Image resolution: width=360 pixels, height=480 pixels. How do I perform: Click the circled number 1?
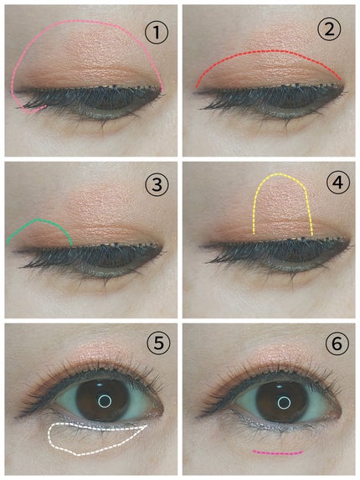157,33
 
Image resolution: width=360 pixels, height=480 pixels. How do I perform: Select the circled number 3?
157,185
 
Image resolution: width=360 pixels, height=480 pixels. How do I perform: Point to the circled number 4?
337,183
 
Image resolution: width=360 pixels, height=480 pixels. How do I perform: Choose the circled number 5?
159,344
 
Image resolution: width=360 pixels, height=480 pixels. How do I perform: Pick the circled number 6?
337,344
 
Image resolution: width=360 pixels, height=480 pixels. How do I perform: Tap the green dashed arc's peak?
37,219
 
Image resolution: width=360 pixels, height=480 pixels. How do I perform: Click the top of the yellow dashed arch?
279,174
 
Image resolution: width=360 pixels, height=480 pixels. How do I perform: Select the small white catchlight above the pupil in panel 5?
100,385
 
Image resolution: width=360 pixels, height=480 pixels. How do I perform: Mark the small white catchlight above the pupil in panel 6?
280,386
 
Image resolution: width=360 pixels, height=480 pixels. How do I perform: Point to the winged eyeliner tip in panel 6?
198,416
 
